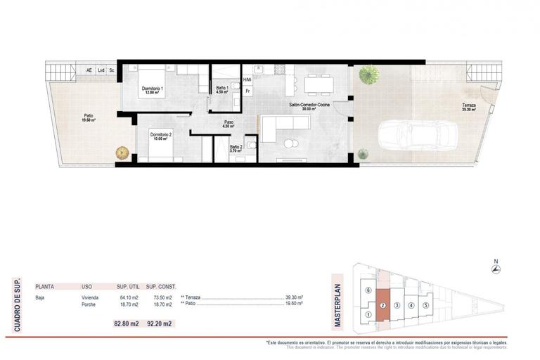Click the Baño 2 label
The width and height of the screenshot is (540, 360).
pos(236,148)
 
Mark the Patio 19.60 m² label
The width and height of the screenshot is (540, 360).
pos(89,117)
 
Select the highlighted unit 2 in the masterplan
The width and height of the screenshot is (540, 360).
pos(382,306)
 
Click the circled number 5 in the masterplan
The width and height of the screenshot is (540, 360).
pos(425,305)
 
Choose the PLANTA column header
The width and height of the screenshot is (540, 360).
pos(46,287)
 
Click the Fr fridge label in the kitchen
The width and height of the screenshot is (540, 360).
pos(247,91)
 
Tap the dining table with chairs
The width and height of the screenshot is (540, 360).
pos(319,84)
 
